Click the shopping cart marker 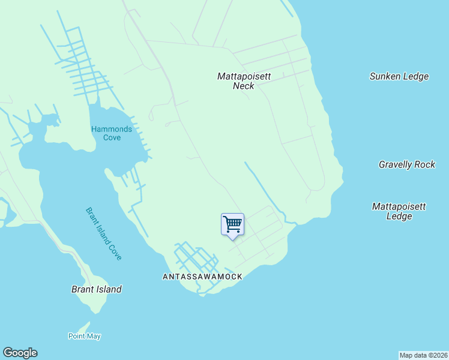[x=232, y=225]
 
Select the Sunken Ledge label [x=399, y=76]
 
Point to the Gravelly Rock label [x=407, y=164]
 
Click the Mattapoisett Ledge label [x=399, y=211]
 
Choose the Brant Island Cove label [x=104, y=233]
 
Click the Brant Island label [x=96, y=289]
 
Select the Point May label [x=84, y=336]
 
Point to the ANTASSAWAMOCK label [x=202, y=277]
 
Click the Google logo [x=20, y=353]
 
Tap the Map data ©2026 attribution [x=423, y=355]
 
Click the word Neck [x=244, y=86]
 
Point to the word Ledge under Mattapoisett [x=399, y=216]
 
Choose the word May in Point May [x=94, y=336]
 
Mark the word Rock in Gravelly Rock [x=425, y=164]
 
